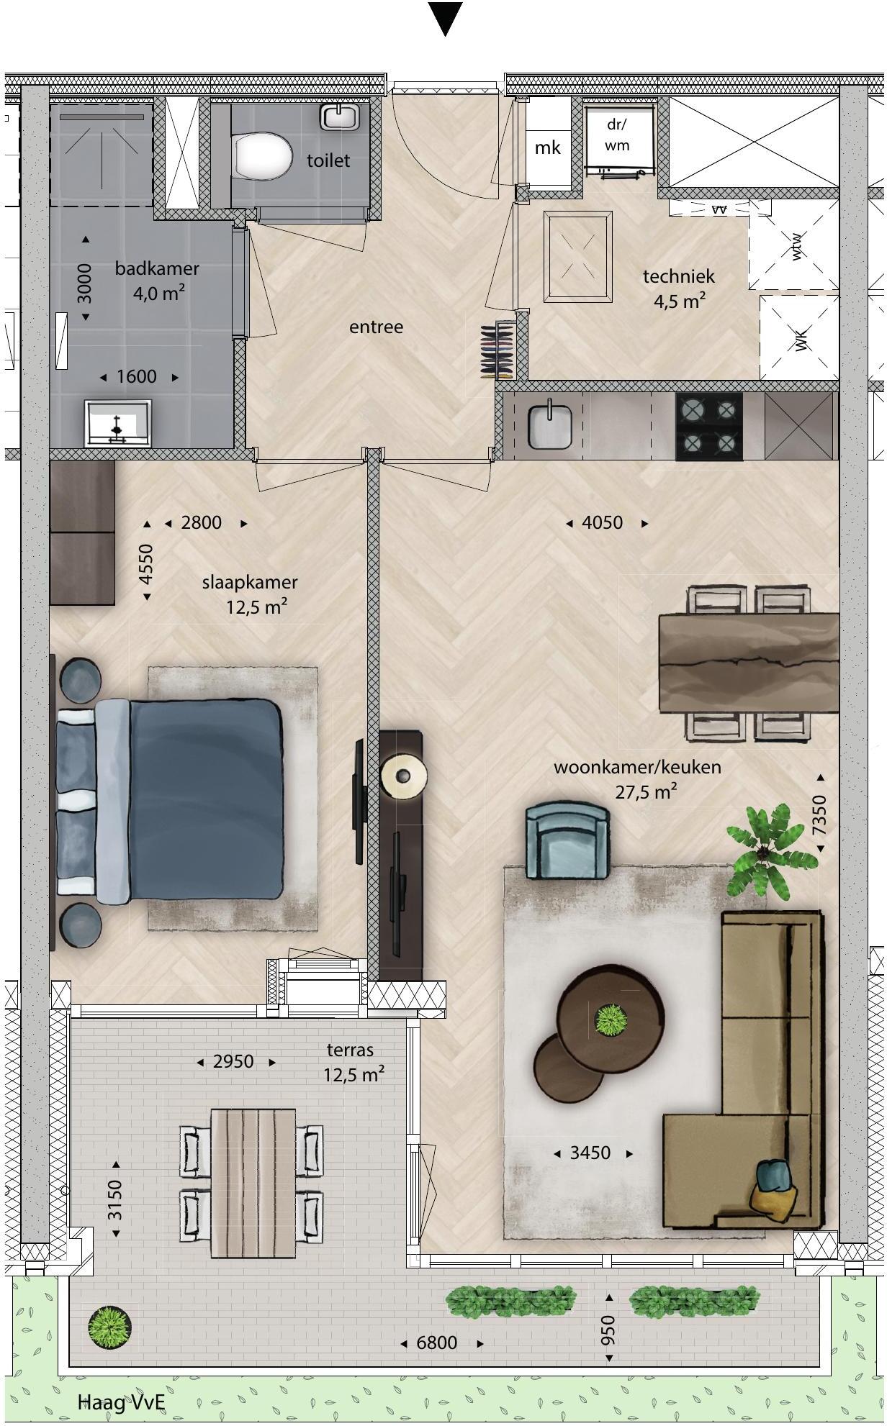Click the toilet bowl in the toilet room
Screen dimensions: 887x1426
pyautogui.click(x=262, y=156)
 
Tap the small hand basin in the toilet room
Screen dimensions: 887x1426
pyautogui.click(x=340, y=116)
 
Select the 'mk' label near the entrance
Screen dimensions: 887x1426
pyautogui.click(x=547, y=147)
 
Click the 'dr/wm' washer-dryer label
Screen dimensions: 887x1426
pyautogui.click(x=617, y=135)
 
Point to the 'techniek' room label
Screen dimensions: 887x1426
pyautogui.click(x=678, y=276)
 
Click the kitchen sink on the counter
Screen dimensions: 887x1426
pyautogui.click(x=550, y=424)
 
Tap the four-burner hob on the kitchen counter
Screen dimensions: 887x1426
pyautogui.click(x=708, y=426)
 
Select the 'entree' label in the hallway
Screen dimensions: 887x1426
pyautogui.click(x=376, y=327)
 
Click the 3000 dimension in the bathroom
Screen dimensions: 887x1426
pyautogui.click(x=84, y=283)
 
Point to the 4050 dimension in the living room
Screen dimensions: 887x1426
pyautogui.click(x=602, y=522)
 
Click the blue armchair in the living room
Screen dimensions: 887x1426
pyautogui.click(x=567, y=841)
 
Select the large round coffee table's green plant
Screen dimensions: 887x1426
pyautogui.click(x=611, y=1019)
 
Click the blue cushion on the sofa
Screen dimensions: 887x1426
pyautogui.click(x=774, y=1175)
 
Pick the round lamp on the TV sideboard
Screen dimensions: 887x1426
pyautogui.click(x=403, y=776)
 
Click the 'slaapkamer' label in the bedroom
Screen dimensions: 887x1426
pyautogui.click(x=249, y=582)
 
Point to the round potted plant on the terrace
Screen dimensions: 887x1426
pyautogui.click(x=110, y=1326)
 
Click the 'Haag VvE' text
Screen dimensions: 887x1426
pyautogui.click(x=122, y=1402)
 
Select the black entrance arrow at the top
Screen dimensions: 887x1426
pyautogui.click(x=445, y=17)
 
